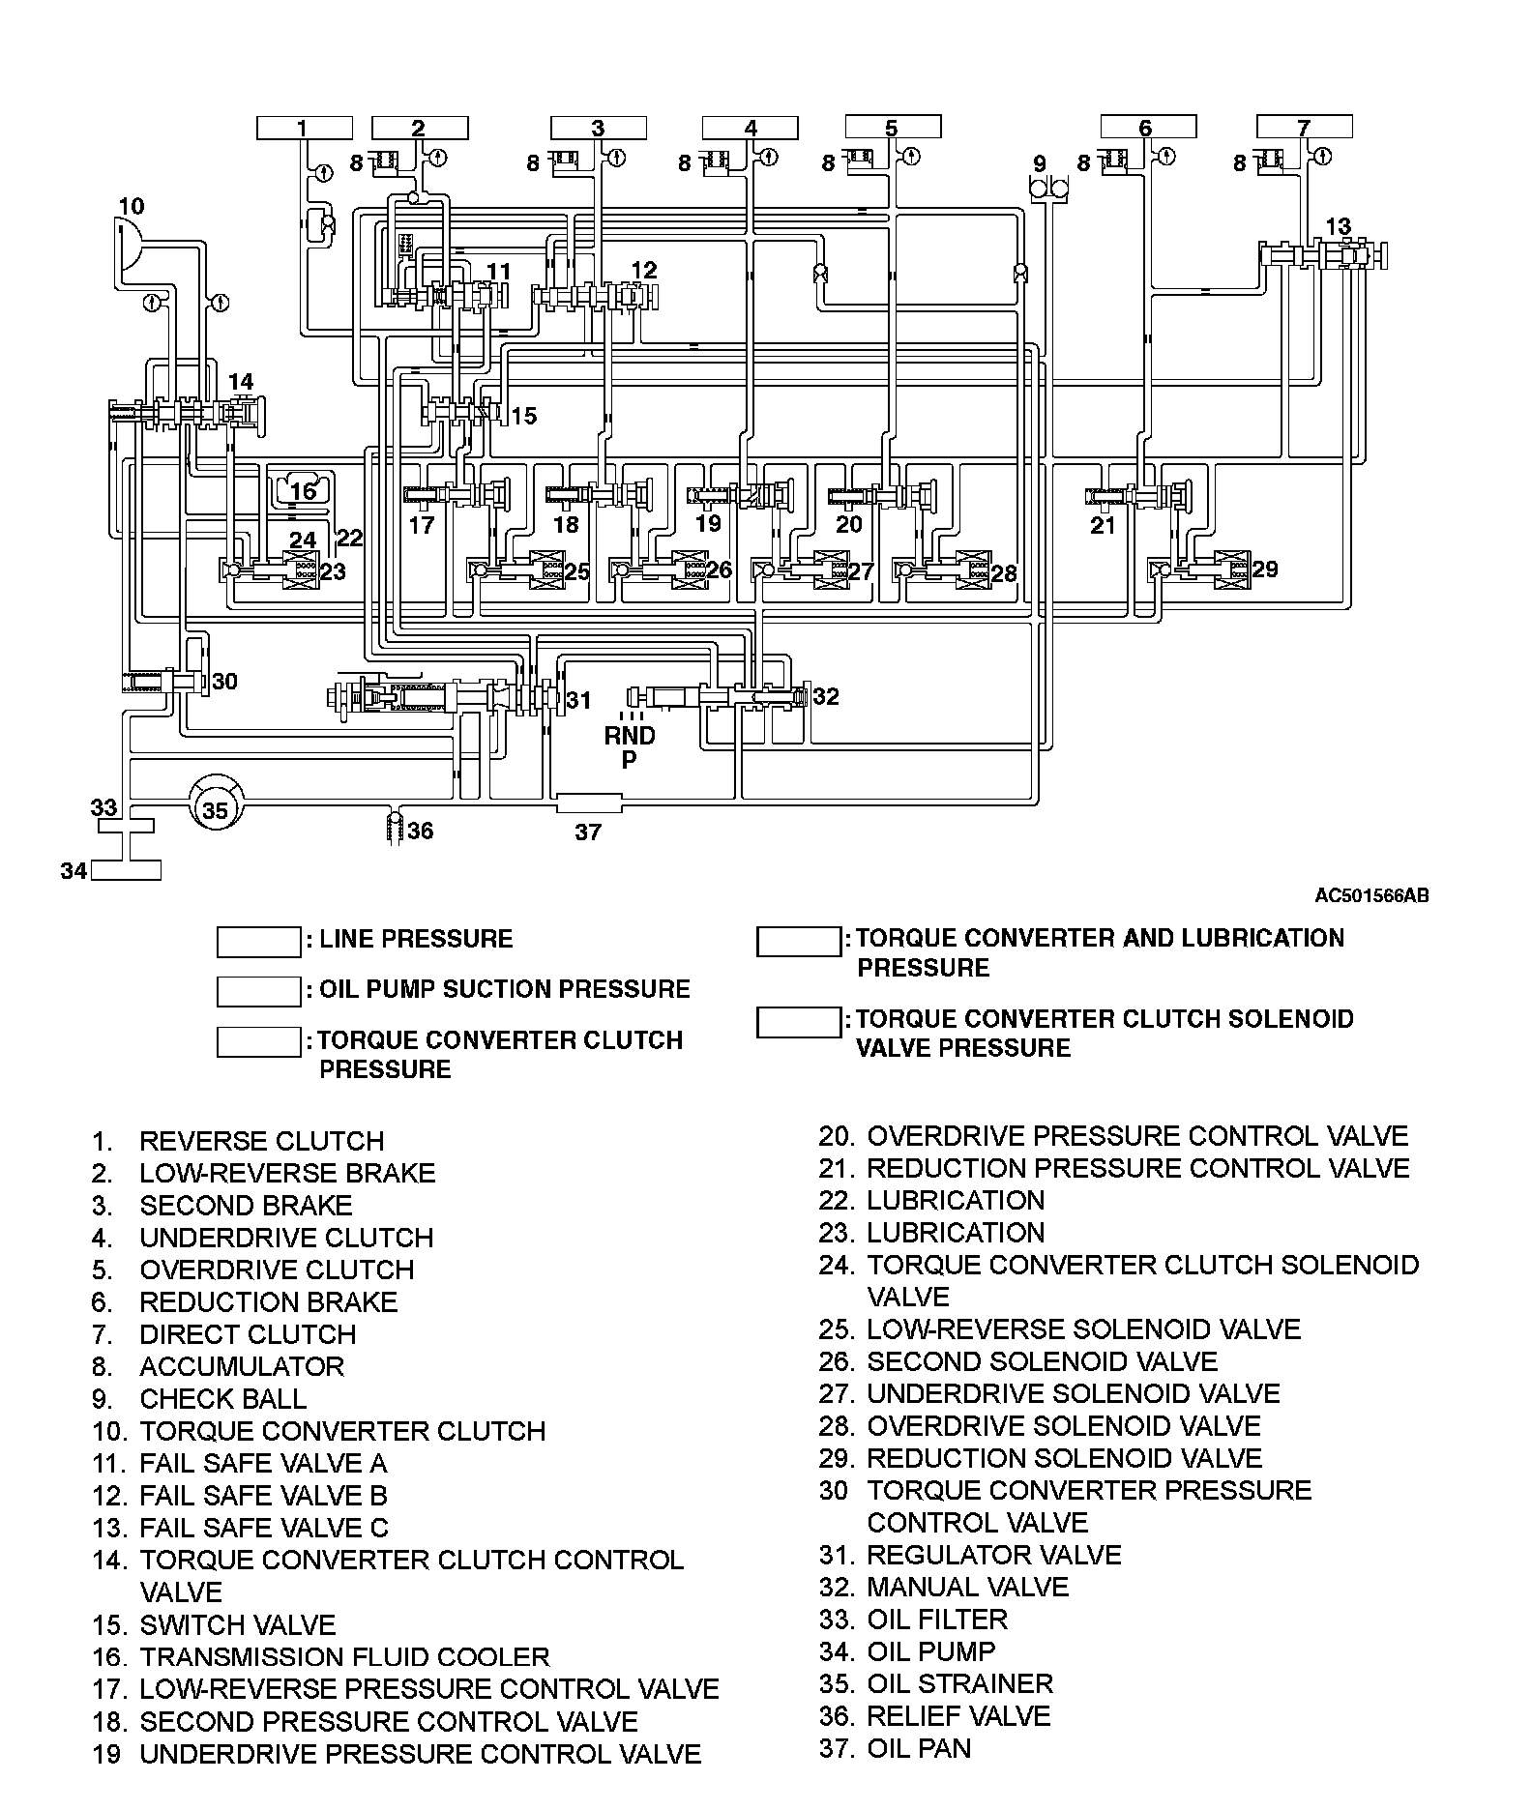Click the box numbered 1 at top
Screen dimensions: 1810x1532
point(304,128)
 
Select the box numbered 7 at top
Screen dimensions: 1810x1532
point(1304,127)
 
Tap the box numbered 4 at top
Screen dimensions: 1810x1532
point(751,128)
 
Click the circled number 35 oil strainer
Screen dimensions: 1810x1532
point(215,809)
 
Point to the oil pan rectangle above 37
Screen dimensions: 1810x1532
point(588,803)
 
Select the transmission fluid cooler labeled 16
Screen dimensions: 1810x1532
point(304,491)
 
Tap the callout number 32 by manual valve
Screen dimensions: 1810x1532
point(826,696)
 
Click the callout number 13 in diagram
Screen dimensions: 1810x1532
point(1338,227)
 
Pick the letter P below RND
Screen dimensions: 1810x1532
point(630,760)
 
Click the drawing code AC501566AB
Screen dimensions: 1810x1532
point(1370,895)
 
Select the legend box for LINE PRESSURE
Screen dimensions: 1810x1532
point(258,942)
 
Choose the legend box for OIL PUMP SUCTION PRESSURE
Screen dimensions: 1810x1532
point(258,991)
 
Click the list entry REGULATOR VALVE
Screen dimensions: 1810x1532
point(993,1555)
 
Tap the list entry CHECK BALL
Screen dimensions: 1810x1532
point(222,1399)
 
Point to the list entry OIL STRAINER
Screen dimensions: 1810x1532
point(959,1683)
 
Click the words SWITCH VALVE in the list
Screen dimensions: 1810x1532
point(237,1624)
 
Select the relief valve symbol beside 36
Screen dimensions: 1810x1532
point(394,830)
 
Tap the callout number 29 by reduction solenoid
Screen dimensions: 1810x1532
point(1265,569)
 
